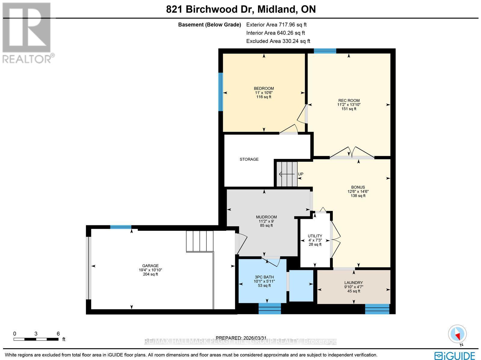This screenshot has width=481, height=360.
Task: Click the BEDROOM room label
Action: click(x=264, y=88)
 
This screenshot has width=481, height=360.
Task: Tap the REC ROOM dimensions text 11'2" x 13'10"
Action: click(x=349, y=105)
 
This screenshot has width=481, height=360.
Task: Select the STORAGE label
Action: click(x=249, y=159)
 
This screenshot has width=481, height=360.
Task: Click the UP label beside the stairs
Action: click(x=300, y=174)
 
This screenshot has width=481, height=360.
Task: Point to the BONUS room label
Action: click(x=358, y=187)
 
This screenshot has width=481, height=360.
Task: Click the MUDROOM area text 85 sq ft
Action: click(x=266, y=225)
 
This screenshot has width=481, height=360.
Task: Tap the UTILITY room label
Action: click(x=315, y=236)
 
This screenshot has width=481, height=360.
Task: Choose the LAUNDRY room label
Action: click(x=354, y=282)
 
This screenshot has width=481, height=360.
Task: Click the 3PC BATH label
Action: click(x=264, y=277)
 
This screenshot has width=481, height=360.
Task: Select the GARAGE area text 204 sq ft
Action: click(x=150, y=274)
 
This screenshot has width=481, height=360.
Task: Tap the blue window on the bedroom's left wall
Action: click(x=221, y=92)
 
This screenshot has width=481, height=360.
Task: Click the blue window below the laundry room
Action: click(x=377, y=309)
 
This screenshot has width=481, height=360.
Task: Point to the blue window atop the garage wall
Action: click(x=121, y=227)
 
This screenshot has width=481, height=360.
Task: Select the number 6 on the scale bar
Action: click(x=58, y=334)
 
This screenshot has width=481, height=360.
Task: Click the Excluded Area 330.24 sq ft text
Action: click(x=278, y=41)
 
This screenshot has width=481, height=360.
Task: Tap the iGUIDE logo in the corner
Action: click(x=455, y=355)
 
